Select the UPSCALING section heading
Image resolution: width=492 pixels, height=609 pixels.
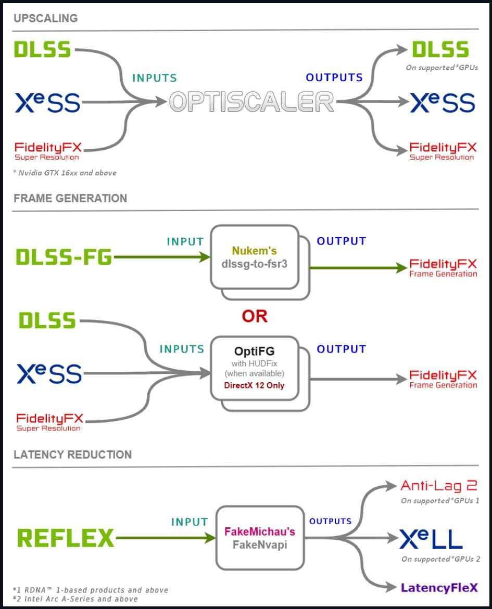[46, 18]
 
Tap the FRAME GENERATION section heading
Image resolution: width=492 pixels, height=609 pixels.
[70, 198]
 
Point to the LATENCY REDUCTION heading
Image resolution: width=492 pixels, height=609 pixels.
[73, 455]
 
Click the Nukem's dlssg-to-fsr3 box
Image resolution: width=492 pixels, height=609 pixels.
[254, 257]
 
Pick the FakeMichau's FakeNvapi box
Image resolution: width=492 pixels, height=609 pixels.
[259, 538]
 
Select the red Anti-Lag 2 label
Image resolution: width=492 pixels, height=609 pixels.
[439, 486]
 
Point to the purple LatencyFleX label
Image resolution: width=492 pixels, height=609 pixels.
[439, 588]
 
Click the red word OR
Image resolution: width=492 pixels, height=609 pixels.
[255, 316]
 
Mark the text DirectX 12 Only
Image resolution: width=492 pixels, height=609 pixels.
[254, 385]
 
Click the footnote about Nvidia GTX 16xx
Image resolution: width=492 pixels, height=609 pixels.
[65, 173]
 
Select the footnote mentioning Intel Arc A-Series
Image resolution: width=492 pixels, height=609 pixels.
[75, 599]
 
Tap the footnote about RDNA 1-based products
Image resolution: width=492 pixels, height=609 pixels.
[90, 590]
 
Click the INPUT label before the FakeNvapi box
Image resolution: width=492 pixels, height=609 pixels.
[190, 521]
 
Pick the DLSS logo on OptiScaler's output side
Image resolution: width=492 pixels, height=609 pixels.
[440, 50]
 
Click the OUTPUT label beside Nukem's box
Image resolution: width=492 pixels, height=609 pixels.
[341, 241]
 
